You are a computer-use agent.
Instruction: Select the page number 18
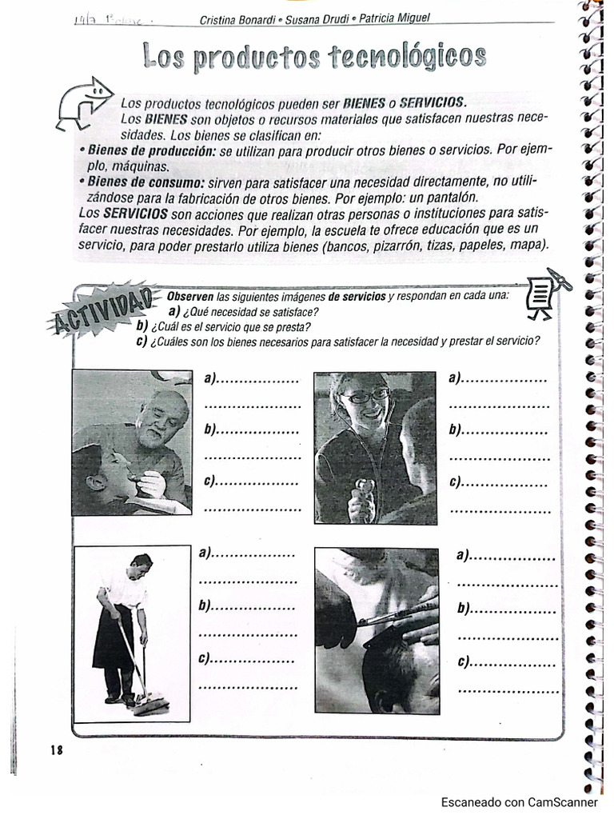pyautogui.click(x=56, y=749)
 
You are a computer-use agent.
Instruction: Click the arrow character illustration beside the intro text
pyautogui.click(x=86, y=102)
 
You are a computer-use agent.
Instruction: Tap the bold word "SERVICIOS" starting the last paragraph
pyautogui.click(x=135, y=214)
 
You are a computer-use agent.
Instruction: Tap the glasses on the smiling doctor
pyautogui.click(x=365, y=396)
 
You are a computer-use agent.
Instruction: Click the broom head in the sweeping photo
pyautogui.click(x=151, y=704)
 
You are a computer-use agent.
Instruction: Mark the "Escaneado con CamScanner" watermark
pyautogui.click(x=519, y=802)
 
